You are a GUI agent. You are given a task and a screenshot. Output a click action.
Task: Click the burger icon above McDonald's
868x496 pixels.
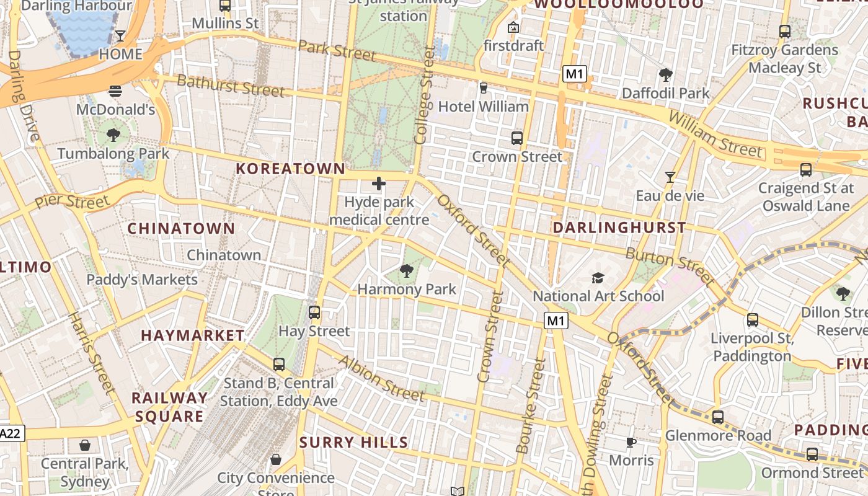(115, 92)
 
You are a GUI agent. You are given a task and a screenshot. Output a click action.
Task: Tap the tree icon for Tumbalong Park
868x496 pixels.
(113, 135)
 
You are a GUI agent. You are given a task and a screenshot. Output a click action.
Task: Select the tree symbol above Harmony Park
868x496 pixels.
(407, 270)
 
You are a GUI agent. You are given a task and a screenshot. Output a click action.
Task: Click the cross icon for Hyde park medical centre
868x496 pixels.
(378, 184)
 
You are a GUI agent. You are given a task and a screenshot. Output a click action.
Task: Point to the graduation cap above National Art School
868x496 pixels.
(598, 278)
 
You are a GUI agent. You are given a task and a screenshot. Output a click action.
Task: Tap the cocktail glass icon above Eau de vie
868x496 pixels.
(670, 177)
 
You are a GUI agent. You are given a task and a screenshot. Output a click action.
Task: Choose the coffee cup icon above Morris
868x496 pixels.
(631, 442)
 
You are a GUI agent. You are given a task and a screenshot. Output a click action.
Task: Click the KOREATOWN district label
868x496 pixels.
(290, 169)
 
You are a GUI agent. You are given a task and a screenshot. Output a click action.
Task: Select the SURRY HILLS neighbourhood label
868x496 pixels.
(353, 443)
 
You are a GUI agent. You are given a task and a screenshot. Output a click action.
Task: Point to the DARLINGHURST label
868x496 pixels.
(619, 228)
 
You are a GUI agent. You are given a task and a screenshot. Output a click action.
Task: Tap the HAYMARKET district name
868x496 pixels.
(192, 335)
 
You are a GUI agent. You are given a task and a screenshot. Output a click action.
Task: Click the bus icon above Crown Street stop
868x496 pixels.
(516, 138)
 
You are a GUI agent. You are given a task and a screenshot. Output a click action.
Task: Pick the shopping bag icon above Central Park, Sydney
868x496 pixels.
(85, 445)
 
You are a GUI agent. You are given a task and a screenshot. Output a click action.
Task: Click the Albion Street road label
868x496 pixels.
(381, 378)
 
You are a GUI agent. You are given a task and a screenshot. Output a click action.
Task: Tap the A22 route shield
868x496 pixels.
(11, 433)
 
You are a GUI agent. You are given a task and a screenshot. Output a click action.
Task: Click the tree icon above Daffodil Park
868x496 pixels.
(666, 75)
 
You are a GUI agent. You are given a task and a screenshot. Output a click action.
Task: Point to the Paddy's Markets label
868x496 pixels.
(142, 280)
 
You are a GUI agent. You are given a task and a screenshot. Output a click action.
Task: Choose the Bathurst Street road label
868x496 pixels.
(231, 86)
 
